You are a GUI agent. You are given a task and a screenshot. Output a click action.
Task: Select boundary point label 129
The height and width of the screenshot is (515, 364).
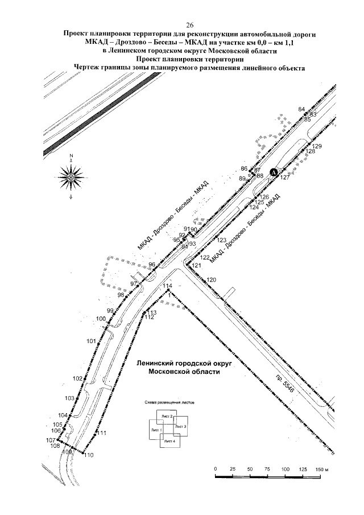tap(317, 147)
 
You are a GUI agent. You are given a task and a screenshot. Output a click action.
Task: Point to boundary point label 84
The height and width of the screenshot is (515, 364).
tap(301, 109)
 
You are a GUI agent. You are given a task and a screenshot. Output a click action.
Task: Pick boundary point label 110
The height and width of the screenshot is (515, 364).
tap(88, 455)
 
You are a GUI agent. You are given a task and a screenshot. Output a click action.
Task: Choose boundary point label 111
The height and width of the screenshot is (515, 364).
tap(102, 434)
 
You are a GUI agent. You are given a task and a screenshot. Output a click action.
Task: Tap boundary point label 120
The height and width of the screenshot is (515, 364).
tap(212, 280)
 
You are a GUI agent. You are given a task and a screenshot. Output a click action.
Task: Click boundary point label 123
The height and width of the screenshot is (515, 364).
tap(221, 240)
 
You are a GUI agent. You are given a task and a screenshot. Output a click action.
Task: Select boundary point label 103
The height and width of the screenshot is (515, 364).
tap(69, 398)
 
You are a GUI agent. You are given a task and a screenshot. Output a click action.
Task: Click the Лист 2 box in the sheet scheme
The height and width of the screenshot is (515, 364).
tap(167, 417)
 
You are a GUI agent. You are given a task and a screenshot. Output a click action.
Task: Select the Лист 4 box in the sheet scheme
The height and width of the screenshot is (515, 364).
tap(169, 442)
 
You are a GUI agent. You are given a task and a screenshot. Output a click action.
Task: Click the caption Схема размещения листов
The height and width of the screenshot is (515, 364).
tap(169, 402)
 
